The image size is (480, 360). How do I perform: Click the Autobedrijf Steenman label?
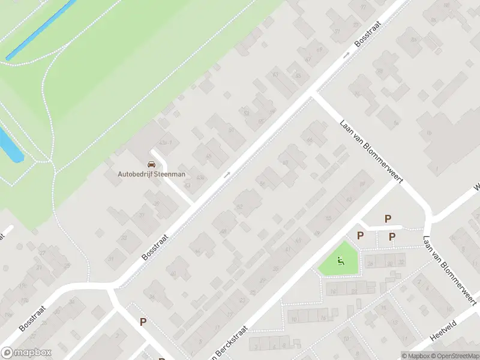151,174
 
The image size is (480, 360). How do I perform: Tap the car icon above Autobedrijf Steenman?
151,164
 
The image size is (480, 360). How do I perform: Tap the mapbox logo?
26,353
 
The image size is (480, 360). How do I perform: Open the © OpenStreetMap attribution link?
455,356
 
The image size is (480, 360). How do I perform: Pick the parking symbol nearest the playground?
360,236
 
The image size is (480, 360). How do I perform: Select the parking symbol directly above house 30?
392,236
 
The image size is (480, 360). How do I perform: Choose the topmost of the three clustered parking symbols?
388,219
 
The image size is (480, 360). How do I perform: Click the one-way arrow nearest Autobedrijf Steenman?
227,175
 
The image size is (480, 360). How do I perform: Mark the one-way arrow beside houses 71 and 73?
346,55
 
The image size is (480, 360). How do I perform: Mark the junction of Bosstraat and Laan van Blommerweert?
313,94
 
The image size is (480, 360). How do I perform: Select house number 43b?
200,178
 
